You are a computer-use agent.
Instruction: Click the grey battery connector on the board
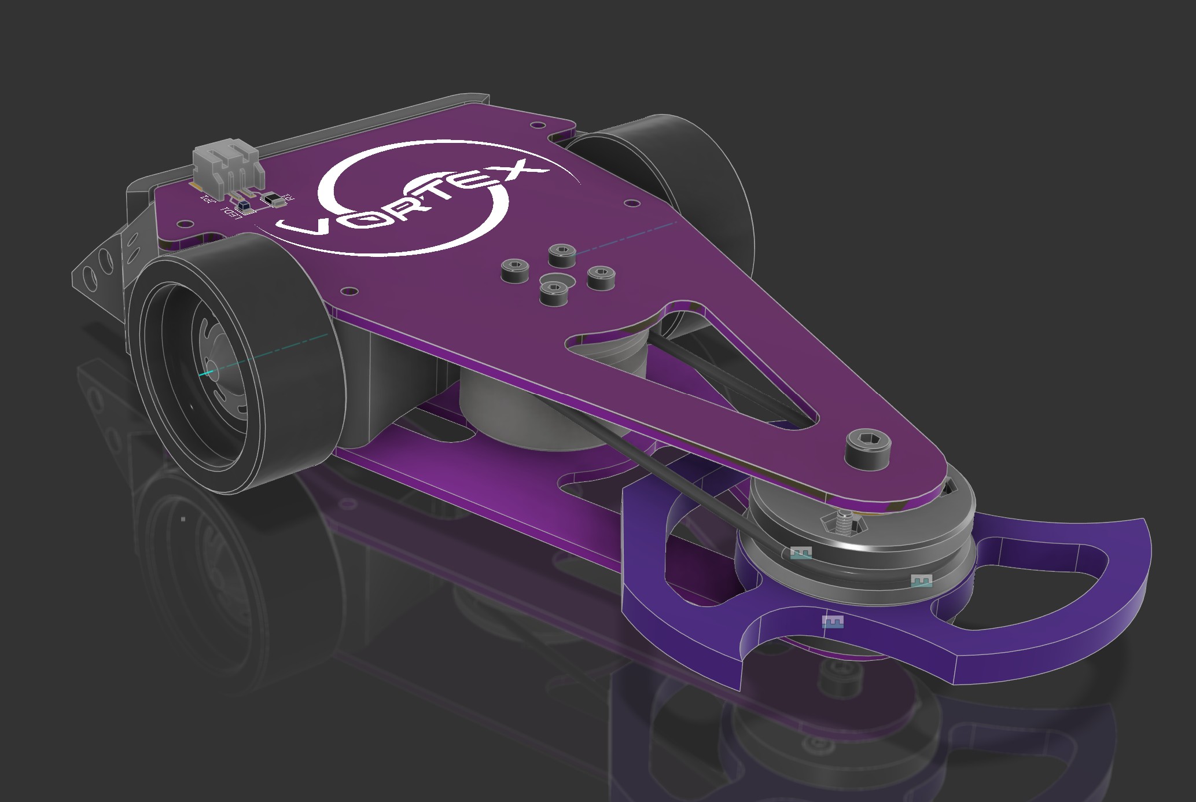click(226, 165)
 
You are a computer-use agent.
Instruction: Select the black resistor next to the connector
click(274, 200)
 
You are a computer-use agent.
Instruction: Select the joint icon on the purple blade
click(833, 623)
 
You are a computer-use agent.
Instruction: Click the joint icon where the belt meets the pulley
click(801, 553)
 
